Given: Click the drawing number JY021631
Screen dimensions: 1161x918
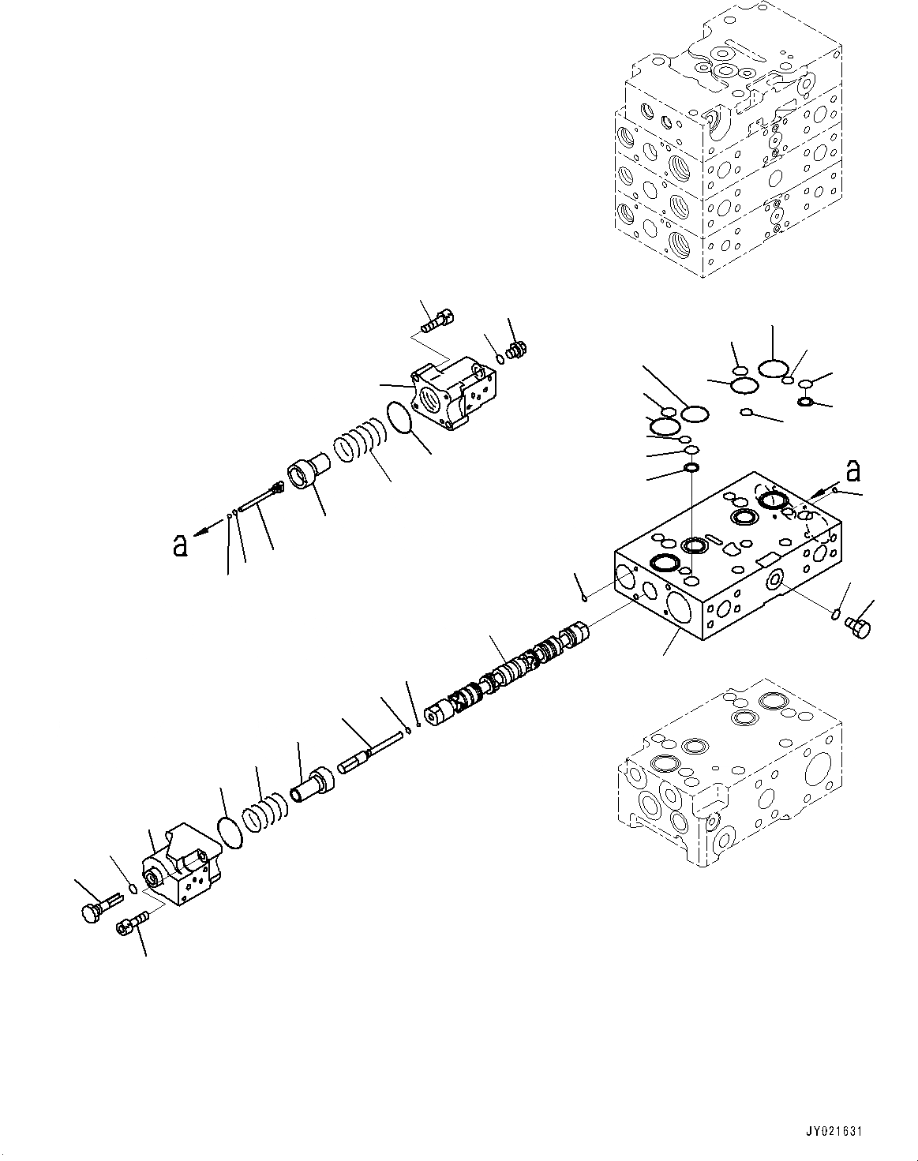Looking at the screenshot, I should click(834, 1131).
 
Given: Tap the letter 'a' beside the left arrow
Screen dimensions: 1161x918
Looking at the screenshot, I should click(181, 545).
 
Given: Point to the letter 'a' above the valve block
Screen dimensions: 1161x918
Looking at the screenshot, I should click(852, 472).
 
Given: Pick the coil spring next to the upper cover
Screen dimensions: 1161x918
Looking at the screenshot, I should click(359, 440).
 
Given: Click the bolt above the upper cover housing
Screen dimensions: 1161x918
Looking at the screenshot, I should click(437, 320).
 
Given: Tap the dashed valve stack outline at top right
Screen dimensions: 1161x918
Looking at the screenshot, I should click(726, 142).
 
